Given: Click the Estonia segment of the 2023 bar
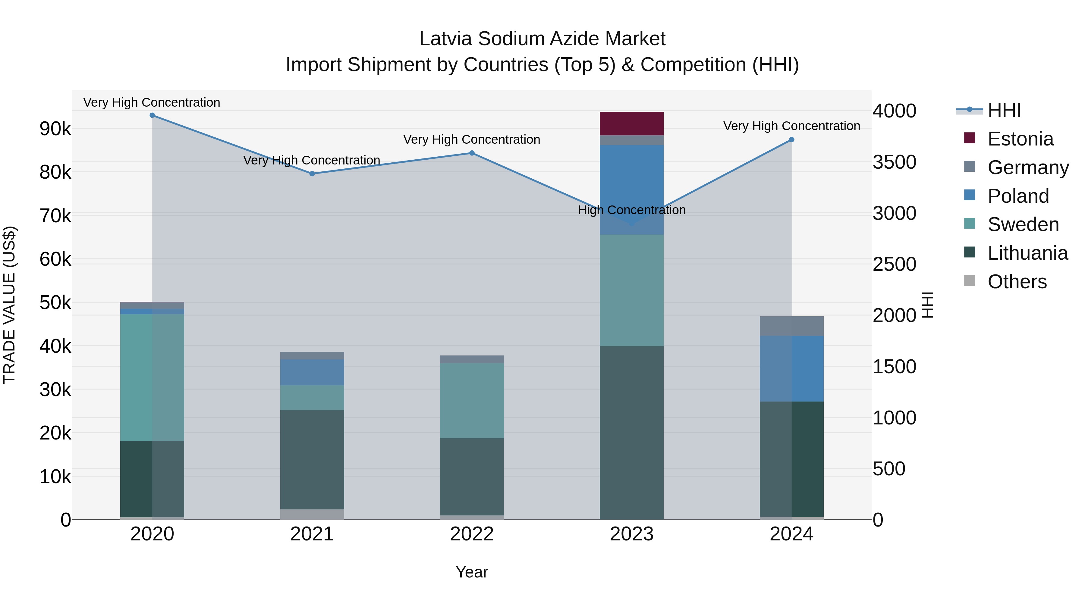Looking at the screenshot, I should click(631, 123).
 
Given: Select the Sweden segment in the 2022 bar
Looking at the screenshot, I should click(472, 400).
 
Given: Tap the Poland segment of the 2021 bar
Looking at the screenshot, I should click(312, 372).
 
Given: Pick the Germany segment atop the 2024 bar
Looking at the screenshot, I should click(791, 326).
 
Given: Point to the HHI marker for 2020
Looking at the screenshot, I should click(153, 115).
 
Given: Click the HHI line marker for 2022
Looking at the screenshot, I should click(472, 153).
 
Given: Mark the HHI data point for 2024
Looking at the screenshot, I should click(791, 140).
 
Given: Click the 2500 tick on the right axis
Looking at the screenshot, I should click(894, 264).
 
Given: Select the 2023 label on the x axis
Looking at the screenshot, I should click(631, 534).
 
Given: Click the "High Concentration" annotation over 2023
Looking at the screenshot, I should click(631, 210).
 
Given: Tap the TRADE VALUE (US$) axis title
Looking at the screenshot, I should click(9, 305).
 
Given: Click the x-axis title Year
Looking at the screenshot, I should click(472, 572).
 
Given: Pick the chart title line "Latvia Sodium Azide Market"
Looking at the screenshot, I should click(542, 39).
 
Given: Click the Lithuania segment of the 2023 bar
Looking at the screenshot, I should click(631, 433).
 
